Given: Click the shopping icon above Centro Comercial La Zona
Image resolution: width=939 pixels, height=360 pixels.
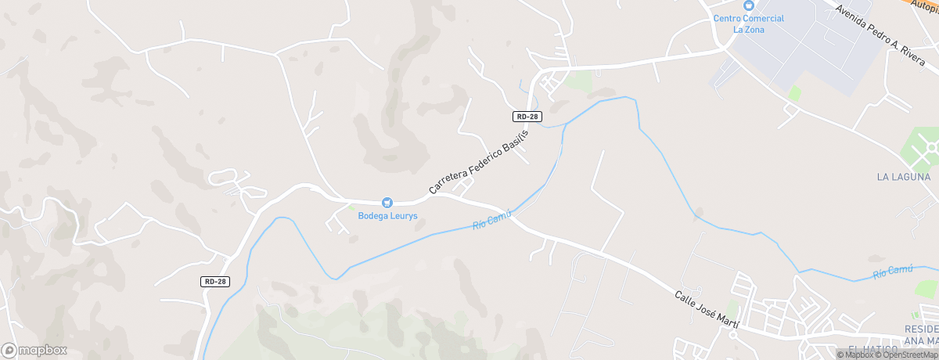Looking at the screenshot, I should (x=748, y=5).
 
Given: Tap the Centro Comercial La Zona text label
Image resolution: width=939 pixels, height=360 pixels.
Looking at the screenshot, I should (x=748, y=24).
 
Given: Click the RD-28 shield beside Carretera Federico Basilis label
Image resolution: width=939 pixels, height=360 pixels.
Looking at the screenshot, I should (x=527, y=117).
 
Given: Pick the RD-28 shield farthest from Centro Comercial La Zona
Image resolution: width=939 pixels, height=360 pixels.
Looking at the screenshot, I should (x=214, y=282).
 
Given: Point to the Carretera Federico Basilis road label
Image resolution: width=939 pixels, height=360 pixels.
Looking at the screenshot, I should (x=479, y=162).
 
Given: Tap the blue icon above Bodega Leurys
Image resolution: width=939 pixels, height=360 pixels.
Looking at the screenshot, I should (x=386, y=203).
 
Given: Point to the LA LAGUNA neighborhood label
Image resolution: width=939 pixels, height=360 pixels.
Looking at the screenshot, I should (x=904, y=178).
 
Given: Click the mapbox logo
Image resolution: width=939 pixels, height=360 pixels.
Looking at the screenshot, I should (x=34, y=350).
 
